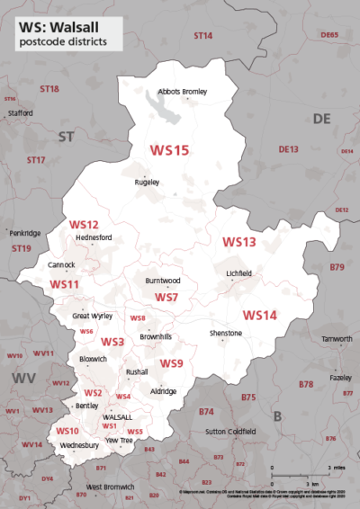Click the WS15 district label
169,150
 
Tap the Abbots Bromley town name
183,92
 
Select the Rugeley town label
147,182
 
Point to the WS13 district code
239,242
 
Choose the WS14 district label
259,315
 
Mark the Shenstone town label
226,333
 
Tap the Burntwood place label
163,281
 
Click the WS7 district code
166,297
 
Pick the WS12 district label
84,224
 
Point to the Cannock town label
61,265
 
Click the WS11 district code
65,284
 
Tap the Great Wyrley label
93,316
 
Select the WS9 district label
172,363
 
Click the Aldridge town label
163,391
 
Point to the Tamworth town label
337,338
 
